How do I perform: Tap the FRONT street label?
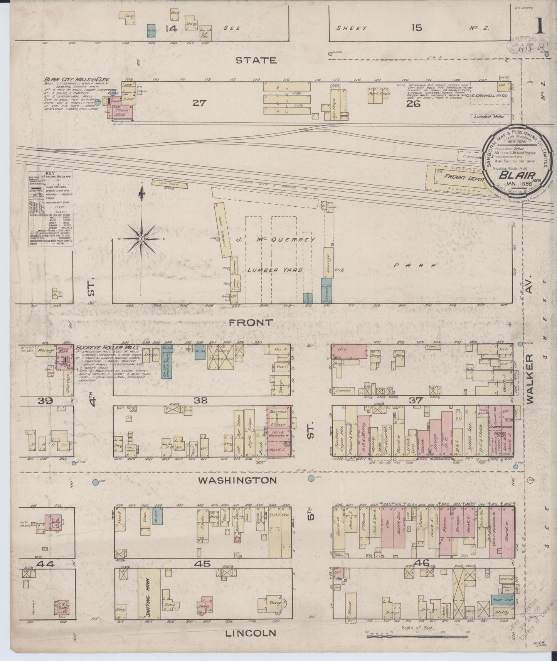(x=256, y=322)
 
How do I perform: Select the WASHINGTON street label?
(x=237, y=481)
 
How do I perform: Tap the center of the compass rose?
(x=142, y=239)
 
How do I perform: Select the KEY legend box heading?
(x=48, y=174)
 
